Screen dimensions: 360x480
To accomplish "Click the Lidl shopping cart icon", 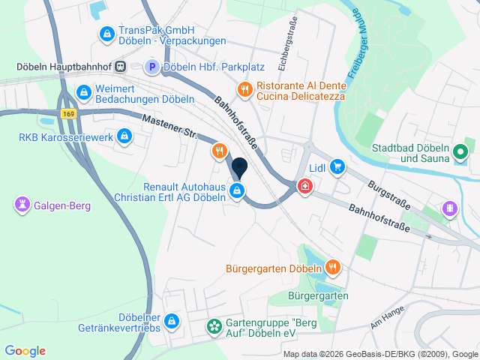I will [337, 166].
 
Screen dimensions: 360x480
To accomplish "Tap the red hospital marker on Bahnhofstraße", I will [305, 186].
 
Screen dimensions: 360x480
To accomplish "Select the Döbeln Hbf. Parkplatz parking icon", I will [151, 67].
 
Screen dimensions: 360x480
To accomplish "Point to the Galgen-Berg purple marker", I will [22, 203].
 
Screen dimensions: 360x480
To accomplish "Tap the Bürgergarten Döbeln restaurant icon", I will [333, 267].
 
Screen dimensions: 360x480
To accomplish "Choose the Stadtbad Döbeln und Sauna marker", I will [461, 153].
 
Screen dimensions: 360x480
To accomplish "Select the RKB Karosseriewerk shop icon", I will [124, 136].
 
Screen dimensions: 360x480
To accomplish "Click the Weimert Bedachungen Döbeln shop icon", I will [83, 93].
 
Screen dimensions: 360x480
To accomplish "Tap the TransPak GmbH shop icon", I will [106, 34].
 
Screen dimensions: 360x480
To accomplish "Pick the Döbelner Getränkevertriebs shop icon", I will [172, 321].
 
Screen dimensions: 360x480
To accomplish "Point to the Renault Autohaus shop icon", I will [238, 191].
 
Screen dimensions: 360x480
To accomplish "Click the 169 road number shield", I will [69, 113].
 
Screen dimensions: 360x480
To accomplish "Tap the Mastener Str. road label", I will [169, 127].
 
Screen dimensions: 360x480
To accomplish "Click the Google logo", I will [25, 351].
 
